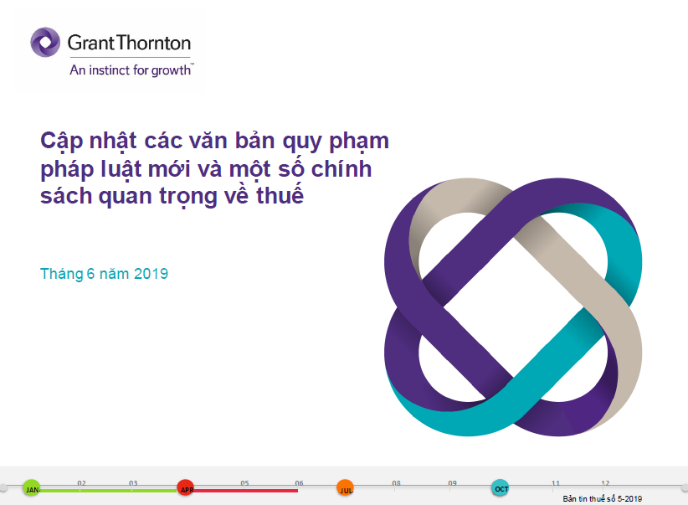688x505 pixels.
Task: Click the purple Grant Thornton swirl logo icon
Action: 45,42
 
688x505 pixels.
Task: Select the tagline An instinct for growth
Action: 131,70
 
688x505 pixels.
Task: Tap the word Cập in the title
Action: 62,142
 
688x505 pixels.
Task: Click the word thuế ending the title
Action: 280,195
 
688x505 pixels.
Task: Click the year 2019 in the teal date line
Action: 151,274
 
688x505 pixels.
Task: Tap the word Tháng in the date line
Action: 62,274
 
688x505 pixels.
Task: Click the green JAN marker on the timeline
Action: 32,488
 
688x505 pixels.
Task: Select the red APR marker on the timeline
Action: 186,488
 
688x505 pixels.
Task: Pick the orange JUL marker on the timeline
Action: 346,488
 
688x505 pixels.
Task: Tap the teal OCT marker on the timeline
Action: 501,488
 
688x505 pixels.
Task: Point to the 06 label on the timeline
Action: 299,483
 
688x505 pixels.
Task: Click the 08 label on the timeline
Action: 396,483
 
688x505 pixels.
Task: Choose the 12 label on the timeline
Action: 605,483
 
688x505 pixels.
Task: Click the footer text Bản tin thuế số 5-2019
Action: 602,499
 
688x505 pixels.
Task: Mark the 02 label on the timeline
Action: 82,483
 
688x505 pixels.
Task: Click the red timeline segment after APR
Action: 246,491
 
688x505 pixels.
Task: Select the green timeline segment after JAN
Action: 108,491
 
